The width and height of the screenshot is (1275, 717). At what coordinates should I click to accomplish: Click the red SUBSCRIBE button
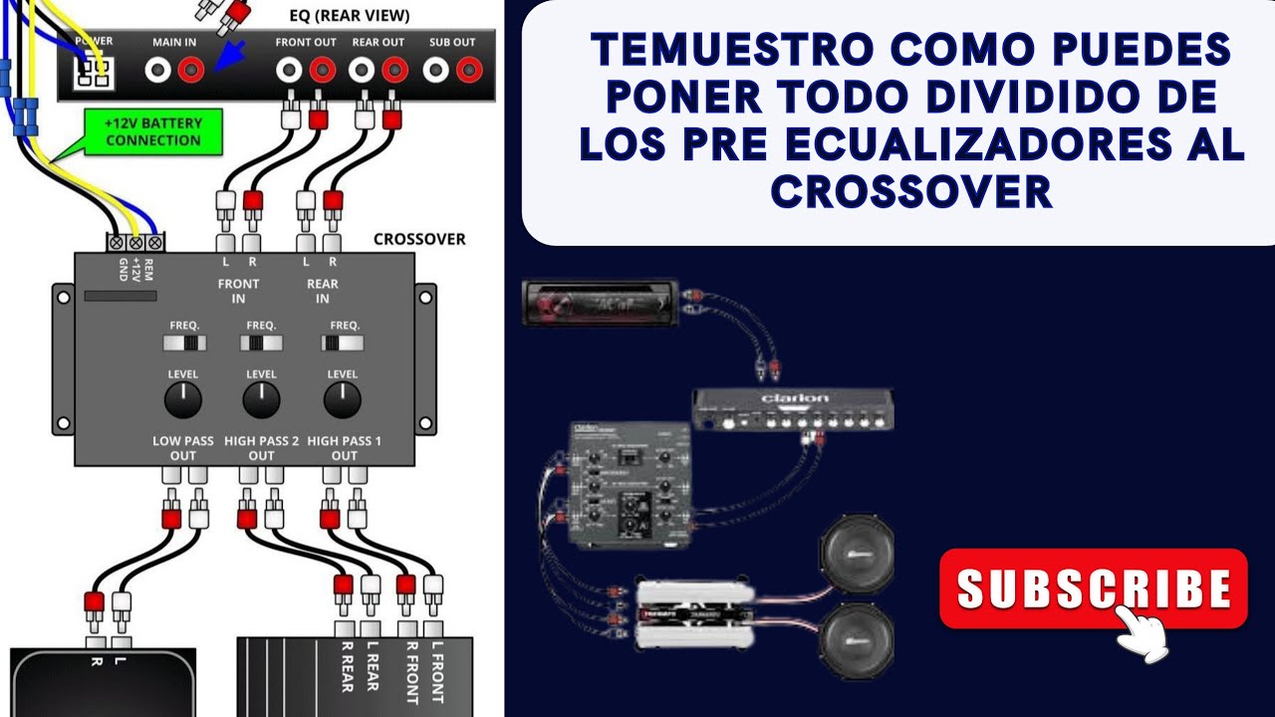pyautogui.click(x=1093, y=589)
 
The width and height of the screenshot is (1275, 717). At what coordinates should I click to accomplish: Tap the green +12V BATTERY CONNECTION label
pyautogui.click(x=153, y=131)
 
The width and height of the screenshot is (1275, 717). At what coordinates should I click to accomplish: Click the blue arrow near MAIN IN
pyautogui.click(x=231, y=57)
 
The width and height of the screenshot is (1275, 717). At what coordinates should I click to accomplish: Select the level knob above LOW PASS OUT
pyautogui.click(x=183, y=399)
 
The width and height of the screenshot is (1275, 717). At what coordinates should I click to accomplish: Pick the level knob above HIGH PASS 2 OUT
pyautogui.click(x=261, y=399)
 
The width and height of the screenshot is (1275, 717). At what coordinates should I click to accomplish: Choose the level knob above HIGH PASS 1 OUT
pyautogui.click(x=343, y=399)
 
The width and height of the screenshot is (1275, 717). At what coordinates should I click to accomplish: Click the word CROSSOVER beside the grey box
pyautogui.click(x=418, y=239)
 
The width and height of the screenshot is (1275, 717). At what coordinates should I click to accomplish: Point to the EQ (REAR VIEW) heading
pyautogui.click(x=343, y=15)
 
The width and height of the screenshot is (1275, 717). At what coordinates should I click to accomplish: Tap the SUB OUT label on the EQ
pyautogui.click(x=452, y=42)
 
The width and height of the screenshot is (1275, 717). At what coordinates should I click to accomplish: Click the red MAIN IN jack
pyautogui.click(x=191, y=69)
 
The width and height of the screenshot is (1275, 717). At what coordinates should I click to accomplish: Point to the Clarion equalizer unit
pyautogui.click(x=793, y=410)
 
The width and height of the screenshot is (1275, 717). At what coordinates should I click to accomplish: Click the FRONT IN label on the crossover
pyautogui.click(x=238, y=291)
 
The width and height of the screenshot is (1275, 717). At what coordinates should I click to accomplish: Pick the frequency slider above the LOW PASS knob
pyautogui.click(x=185, y=343)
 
